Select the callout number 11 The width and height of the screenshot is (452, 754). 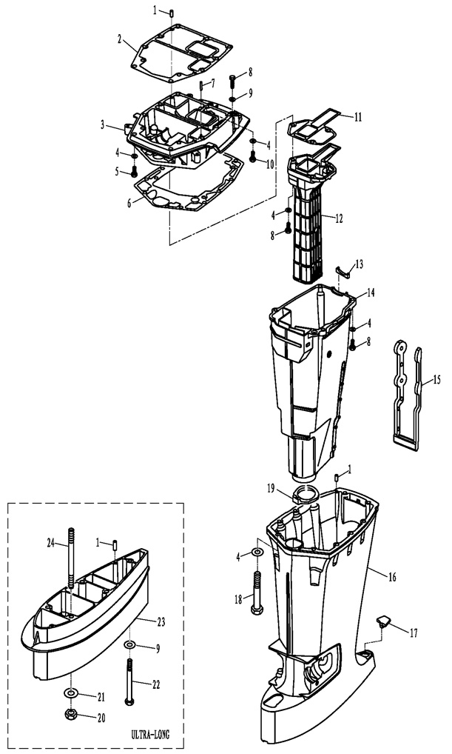tap(358, 117)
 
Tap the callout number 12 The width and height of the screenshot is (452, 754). tap(339, 218)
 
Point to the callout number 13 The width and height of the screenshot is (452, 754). tap(359, 264)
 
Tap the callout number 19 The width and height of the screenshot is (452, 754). tap(271, 489)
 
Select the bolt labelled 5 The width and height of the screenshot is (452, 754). tap(134, 172)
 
